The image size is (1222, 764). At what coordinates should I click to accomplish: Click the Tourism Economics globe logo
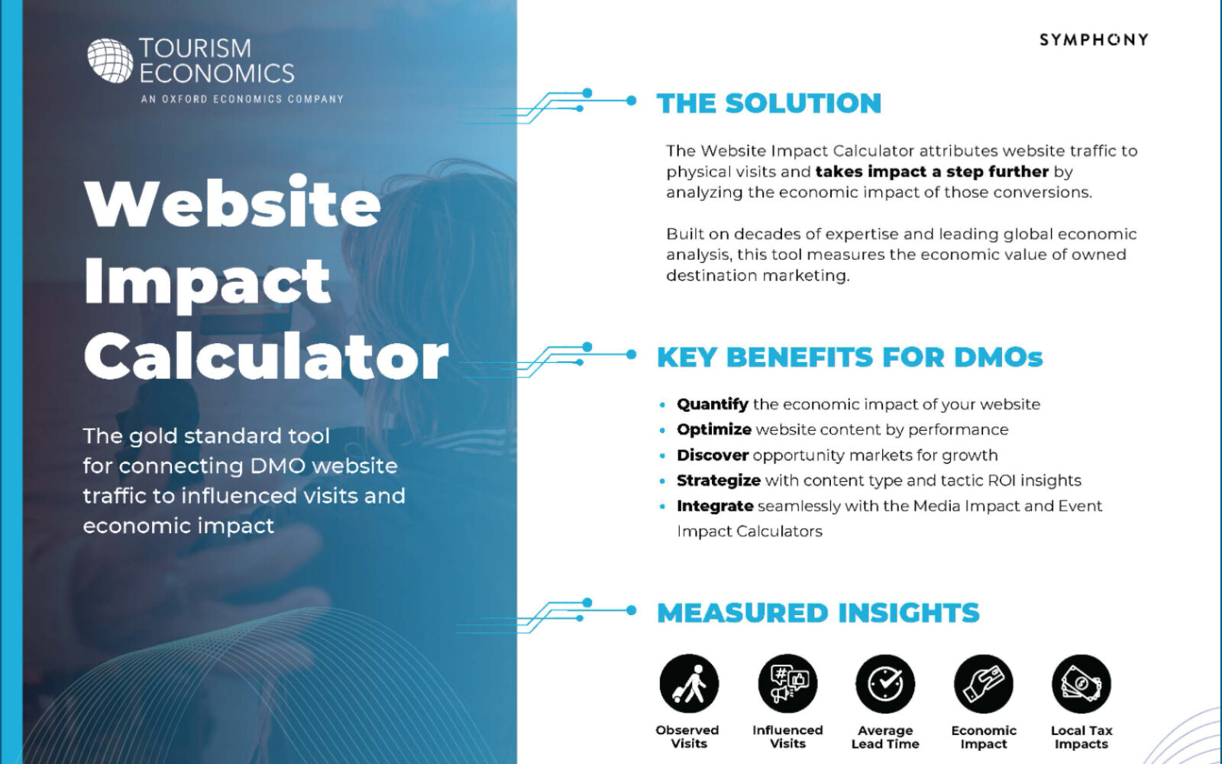click(110, 60)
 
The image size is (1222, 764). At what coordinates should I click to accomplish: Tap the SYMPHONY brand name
click(1094, 40)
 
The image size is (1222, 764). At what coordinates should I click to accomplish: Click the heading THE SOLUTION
click(769, 103)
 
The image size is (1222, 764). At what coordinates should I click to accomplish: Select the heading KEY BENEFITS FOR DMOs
click(850, 358)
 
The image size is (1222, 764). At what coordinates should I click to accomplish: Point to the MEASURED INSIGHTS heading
click(818, 612)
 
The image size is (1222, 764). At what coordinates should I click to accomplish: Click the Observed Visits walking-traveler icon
click(689, 684)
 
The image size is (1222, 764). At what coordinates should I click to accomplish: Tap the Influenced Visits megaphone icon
click(787, 684)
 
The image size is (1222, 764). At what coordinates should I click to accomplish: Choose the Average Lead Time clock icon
click(885, 684)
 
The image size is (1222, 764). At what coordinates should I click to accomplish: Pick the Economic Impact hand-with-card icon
click(983, 684)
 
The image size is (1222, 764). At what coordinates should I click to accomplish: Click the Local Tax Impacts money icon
click(1081, 684)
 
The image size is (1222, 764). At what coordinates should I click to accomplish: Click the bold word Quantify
click(713, 404)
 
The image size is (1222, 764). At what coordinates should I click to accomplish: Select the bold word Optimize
click(714, 430)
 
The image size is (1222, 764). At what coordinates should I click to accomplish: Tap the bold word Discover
click(713, 455)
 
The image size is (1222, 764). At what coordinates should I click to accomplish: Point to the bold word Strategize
click(719, 481)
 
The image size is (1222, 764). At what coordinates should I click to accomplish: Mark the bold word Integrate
click(715, 507)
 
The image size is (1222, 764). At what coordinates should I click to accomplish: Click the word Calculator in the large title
click(267, 357)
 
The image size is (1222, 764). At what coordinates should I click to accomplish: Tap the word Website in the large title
click(232, 202)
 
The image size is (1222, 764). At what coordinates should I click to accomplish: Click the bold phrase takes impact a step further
click(932, 172)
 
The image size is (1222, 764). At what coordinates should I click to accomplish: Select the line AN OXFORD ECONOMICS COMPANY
click(242, 99)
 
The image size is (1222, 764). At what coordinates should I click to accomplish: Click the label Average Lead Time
click(885, 737)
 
